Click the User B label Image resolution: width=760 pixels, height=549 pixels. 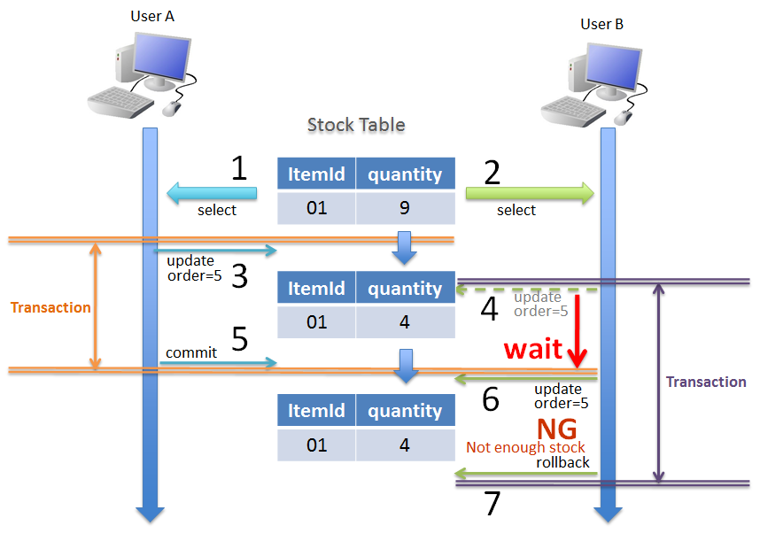pos(602,24)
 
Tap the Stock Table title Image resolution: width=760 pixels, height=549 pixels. pos(356,125)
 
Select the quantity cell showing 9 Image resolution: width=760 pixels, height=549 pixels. pos(405,208)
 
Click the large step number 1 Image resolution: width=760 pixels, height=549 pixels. pos(238,168)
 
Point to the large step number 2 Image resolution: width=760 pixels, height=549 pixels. pos(492,172)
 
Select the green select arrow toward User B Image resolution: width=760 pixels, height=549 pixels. pos(530,192)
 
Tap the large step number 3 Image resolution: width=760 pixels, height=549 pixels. pos(239,275)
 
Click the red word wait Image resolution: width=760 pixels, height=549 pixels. pos(533,349)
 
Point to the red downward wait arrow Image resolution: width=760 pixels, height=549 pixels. pos(577,332)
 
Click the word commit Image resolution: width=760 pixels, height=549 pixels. pos(191,352)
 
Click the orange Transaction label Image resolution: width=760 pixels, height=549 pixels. pos(50,308)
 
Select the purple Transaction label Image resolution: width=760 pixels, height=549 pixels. pos(706,383)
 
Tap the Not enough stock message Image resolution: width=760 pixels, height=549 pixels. pos(525,447)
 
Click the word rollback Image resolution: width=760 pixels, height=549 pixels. pos(562,462)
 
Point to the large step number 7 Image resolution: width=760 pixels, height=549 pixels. pos(492,503)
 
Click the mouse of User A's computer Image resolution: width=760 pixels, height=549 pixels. pos(172,108)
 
